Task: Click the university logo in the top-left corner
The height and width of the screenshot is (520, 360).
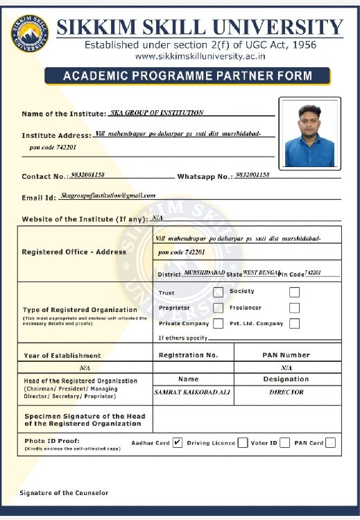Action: point(30,33)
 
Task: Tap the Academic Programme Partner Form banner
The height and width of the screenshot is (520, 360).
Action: point(188,76)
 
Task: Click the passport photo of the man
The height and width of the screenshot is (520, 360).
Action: point(309,133)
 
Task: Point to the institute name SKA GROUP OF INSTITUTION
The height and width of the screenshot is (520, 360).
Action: point(157,112)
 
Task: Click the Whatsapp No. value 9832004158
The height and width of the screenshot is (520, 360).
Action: point(252,175)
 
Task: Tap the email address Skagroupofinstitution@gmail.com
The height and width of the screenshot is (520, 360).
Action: point(108,196)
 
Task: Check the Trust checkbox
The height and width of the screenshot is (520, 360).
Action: point(218,293)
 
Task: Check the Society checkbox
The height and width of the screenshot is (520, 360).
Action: point(294,292)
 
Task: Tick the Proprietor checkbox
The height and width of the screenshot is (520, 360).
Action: point(218,308)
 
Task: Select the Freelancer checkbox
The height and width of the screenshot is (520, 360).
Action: point(294,308)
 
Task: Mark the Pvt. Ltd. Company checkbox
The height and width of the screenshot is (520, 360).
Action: point(294,323)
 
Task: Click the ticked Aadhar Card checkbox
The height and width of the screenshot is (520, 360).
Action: point(177,442)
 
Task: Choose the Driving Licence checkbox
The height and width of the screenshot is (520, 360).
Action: point(243,442)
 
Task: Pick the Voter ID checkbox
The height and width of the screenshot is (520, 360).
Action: point(284,442)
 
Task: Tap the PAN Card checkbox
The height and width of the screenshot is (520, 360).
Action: point(330,442)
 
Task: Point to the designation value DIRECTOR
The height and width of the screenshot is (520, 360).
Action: point(286,392)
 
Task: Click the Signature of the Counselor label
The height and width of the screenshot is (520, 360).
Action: point(64,492)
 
